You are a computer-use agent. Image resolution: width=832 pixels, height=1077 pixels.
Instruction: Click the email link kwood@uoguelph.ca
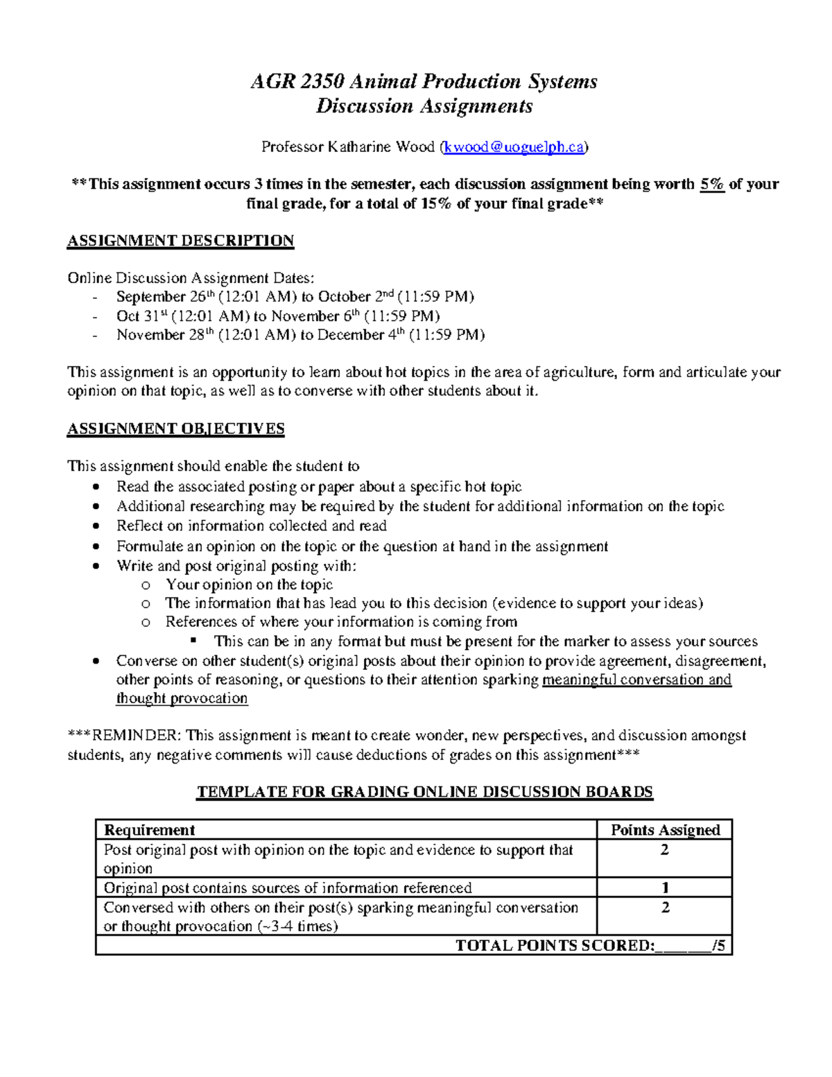(x=515, y=147)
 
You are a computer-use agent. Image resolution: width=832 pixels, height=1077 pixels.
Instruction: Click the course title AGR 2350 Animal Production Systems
(x=424, y=82)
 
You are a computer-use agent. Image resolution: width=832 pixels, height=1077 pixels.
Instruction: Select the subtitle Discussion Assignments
(x=424, y=106)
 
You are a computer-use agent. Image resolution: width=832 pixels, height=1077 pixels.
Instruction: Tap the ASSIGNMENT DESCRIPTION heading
(x=180, y=241)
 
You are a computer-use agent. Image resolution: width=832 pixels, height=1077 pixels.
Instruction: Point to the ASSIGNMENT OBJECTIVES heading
(x=175, y=429)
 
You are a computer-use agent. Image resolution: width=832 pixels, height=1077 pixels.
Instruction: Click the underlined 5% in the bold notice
(x=712, y=184)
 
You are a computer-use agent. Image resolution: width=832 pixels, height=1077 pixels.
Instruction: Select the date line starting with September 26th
(x=295, y=297)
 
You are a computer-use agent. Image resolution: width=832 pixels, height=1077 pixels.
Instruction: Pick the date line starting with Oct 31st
(x=277, y=316)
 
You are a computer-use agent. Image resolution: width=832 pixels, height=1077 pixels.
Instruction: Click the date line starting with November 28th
(x=300, y=335)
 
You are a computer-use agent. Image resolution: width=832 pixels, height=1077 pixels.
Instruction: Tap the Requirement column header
(x=149, y=830)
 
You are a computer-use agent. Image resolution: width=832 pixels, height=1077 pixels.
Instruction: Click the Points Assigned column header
(x=665, y=830)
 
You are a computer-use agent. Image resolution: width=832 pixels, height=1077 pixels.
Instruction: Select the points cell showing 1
(x=665, y=888)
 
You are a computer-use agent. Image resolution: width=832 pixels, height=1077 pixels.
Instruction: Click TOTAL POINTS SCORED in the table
(x=555, y=945)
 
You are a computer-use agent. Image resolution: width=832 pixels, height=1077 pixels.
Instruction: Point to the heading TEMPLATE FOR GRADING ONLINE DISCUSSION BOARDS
(x=424, y=792)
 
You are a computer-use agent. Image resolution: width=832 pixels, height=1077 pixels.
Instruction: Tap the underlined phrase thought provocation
(x=182, y=698)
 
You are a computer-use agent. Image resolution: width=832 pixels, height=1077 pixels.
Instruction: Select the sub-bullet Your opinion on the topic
(x=249, y=585)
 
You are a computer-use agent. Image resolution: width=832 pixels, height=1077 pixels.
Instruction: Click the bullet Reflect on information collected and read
(x=251, y=526)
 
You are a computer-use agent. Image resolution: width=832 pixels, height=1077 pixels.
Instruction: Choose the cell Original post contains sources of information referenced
(x=287, y=888)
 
